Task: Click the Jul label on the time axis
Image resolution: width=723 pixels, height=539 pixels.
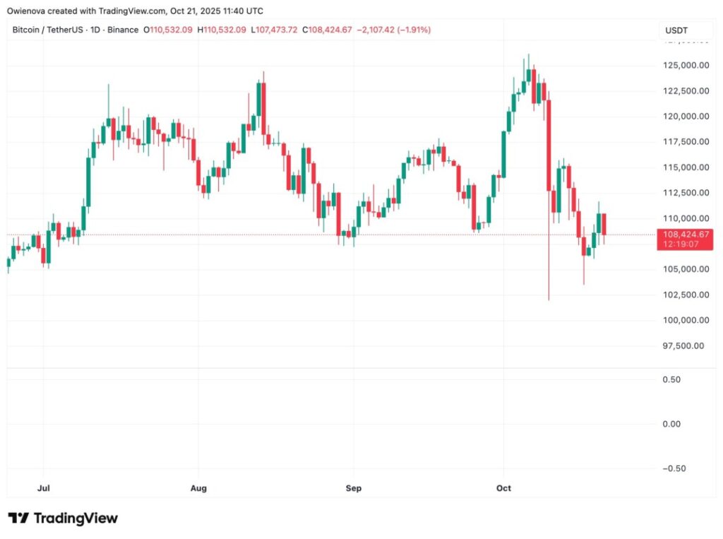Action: point(44,487)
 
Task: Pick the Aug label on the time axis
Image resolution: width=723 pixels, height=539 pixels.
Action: point(198,487)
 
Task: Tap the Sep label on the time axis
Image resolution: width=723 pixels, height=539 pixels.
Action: point(353,487)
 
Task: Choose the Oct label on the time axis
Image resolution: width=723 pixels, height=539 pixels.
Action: point(503,487)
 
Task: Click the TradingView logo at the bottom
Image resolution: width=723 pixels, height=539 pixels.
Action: point(63,519)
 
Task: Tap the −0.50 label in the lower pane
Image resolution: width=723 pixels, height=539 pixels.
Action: point(674,468)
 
